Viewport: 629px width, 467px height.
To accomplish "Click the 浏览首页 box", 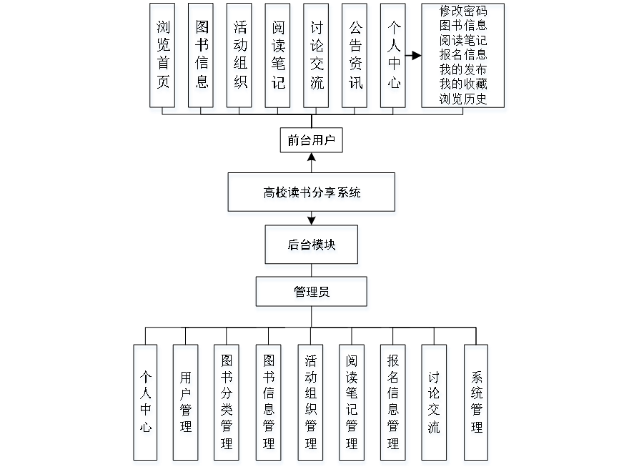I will tap(164, 58).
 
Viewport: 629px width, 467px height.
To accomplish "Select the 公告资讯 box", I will tap(355, 58).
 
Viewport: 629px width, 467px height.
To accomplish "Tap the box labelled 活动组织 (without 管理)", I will tap(241, 58).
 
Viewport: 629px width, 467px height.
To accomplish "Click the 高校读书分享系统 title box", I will tap(312, 195).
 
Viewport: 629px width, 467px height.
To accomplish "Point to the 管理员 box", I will tap(312, 294).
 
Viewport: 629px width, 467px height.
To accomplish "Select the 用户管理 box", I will tap(186, 404).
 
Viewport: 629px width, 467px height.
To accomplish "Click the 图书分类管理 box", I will tap(227, 404).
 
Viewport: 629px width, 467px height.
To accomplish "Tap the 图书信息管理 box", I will tap(269, 404).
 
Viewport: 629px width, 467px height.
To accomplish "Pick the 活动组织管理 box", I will tap(311, 404).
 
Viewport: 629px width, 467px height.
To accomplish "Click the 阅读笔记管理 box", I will tap(352, 404).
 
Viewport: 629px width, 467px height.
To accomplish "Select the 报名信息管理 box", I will tap(393, 404).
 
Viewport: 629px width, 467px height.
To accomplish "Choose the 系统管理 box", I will tap(477, 404).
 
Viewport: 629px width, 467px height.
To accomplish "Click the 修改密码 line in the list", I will tap(465, 11).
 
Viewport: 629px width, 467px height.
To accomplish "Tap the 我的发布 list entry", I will tap(465, 70).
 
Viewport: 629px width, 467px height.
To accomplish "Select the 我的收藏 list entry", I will tap(465, 84).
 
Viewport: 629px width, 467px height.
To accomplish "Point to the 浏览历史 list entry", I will tap(465, 99).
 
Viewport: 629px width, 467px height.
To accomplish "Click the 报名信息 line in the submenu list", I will tap(465, 55).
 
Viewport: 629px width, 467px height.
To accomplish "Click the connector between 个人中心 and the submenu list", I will tap(415, 56).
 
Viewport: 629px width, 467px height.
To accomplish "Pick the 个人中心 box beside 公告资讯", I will tap(394, 58).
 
